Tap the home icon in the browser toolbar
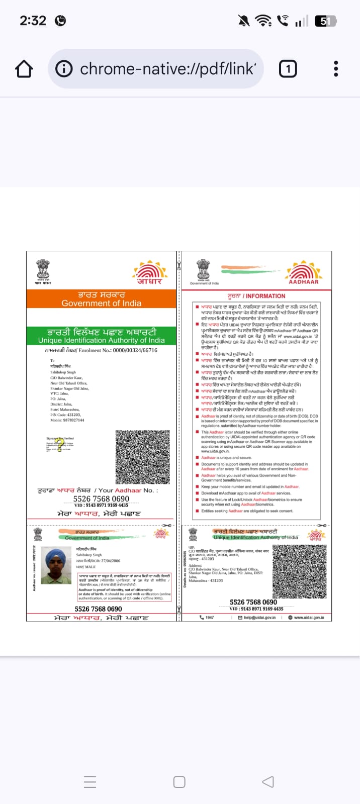point(24,69)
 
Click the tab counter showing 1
point(288,69)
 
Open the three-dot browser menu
point(336,69)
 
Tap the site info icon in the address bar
point(64,69)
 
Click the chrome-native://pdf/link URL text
point(168,69)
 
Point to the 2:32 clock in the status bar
point(33,21)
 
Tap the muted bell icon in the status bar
point(244,21)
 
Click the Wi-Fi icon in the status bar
point(262,21)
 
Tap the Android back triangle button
point(268,782)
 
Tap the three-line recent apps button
point(90,782)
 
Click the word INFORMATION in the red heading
point(265,296)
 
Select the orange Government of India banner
point(102,299)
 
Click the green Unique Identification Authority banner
point(102,336)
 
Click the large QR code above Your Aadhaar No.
point(143,457)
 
